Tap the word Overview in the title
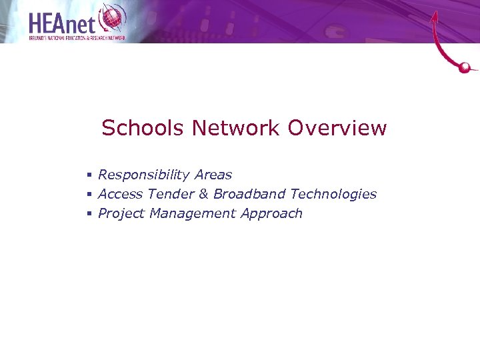(x=337, y=128)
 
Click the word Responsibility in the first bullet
(x=143, y=175)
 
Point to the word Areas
(x=213, y=175)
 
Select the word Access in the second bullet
(x=120, y=194)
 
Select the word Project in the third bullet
(x=121, y=214)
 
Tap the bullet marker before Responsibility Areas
(x=89, y=175)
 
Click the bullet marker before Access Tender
(x=89, y=195)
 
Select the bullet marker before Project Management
(x=89, y=214)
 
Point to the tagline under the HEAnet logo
(x=77, y=38)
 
